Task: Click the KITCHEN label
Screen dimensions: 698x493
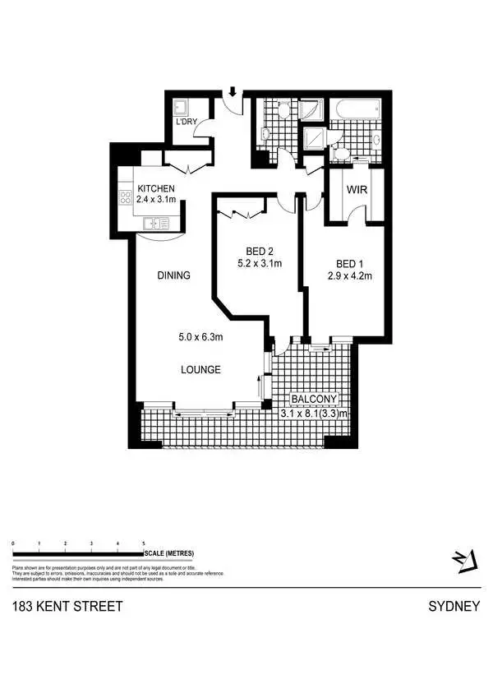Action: (156, 188)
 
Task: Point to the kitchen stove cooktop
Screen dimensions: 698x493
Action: (127, 197)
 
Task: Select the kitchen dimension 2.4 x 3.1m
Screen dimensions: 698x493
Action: (156, 200)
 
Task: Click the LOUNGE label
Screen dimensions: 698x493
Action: (200, 370)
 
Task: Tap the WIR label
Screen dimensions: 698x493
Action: (356, 190)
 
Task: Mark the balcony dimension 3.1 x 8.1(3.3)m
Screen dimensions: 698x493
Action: (315, 414)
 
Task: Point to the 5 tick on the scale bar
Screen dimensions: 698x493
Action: (144, 544)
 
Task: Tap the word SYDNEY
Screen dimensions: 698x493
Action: (454, 608)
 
